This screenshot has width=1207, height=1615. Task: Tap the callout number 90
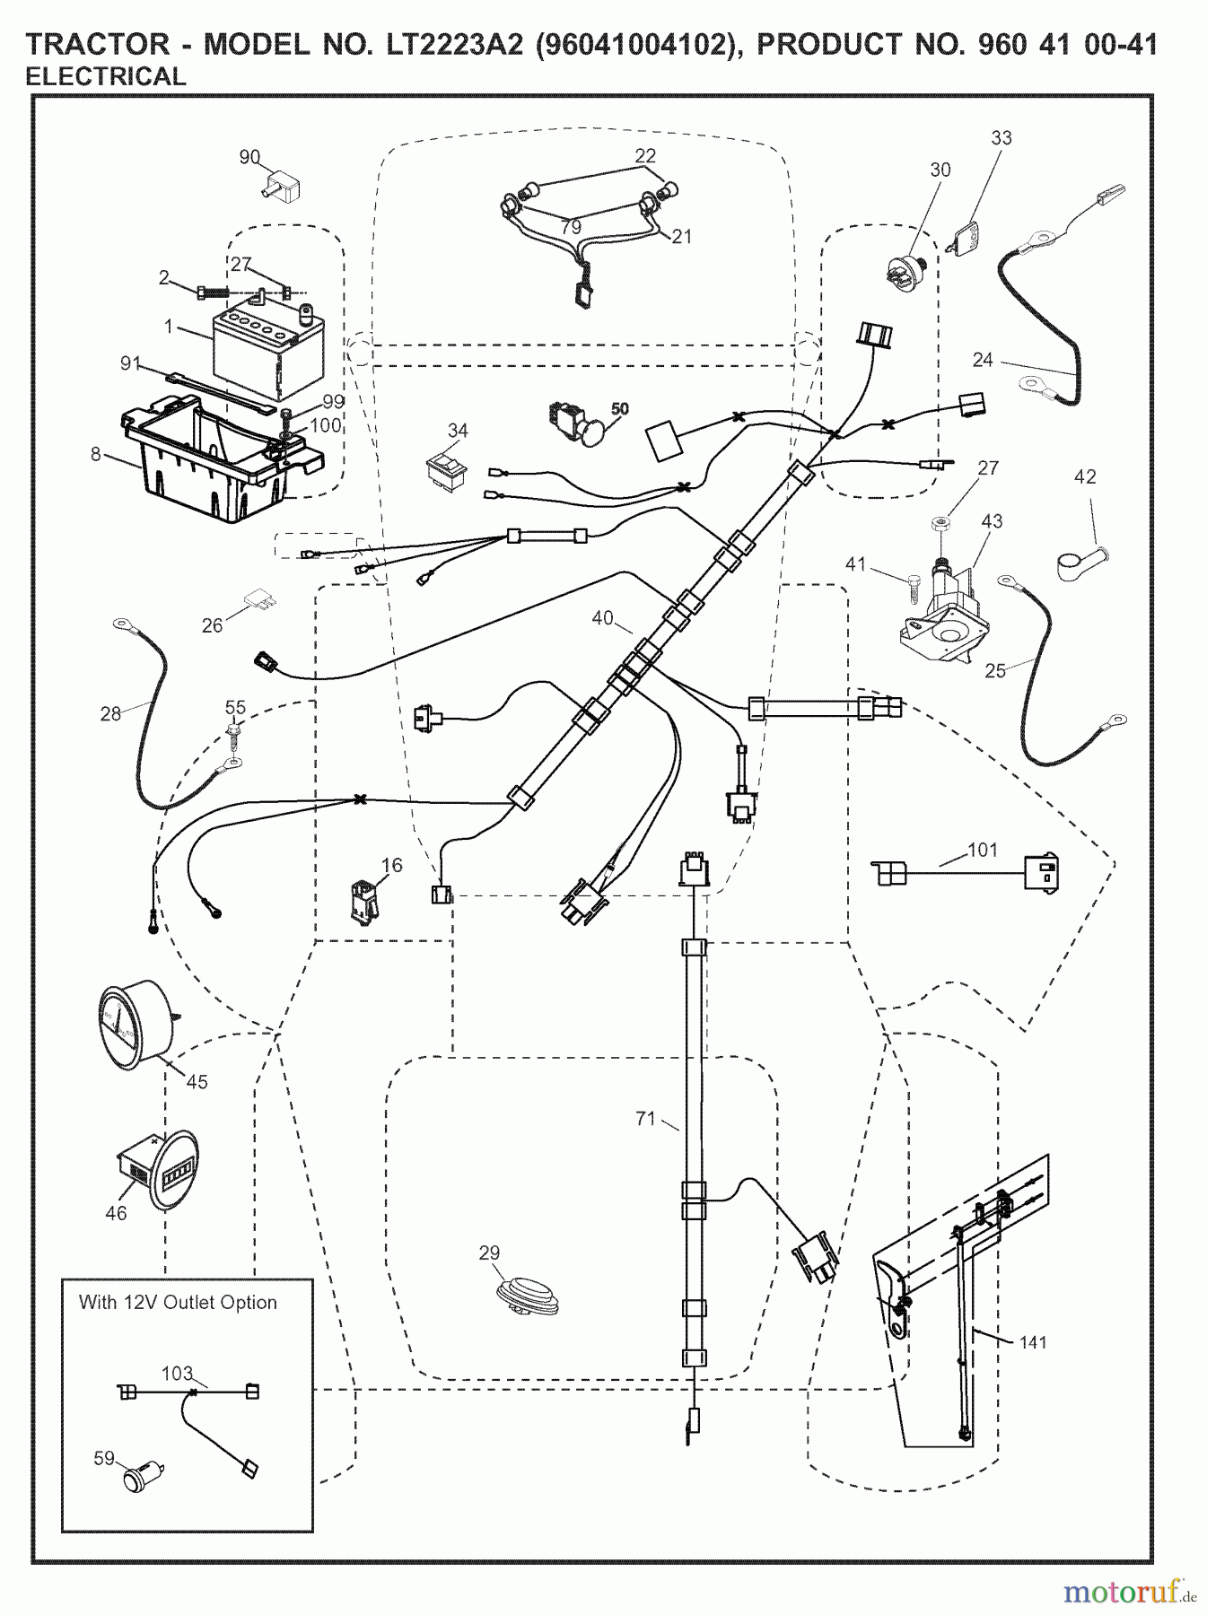(249, 158)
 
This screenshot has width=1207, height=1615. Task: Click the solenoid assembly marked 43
(942, 610)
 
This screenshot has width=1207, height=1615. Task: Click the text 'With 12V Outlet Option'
(178, 1302)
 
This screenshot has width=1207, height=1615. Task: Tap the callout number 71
(645, 1118)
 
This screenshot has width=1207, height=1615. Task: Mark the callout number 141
(1033, 1342)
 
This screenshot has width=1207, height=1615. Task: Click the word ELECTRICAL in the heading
(106, 77)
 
